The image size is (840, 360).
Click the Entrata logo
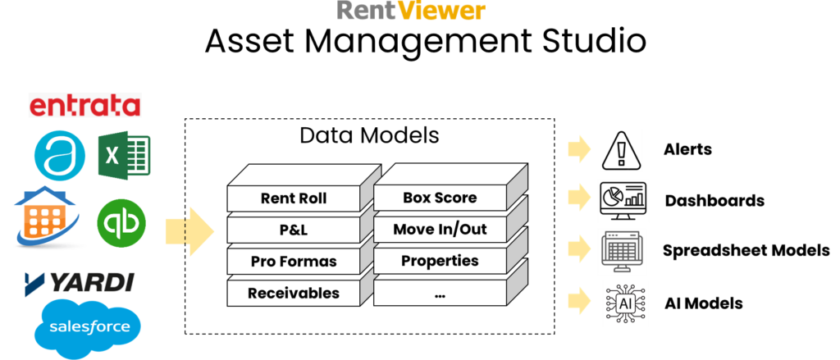click(x=84, y=105)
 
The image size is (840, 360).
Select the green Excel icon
click(x=125, y=155)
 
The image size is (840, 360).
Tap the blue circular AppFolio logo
click(x=59, y=157)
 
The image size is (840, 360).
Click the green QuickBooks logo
click(x=121, y=222)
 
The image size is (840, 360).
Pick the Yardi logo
click(x=80, y=284)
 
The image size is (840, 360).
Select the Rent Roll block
click(x=293, y=198)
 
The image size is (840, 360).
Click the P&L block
click(x=293, y=230)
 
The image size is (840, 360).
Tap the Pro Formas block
click(x=293, y=262)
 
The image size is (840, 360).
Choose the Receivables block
click(x=293, y=293)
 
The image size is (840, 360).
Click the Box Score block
click(x=440, y=198)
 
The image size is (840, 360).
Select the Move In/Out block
click(x=440, y=230)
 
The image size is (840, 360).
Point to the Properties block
click(x=440, y=261)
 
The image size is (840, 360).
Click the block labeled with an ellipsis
click(x=440, y=293)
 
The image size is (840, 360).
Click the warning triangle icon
click(x=621, y=150)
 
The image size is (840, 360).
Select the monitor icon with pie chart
click(x=623, y=200)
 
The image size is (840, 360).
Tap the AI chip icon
click(x=625, y=303)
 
